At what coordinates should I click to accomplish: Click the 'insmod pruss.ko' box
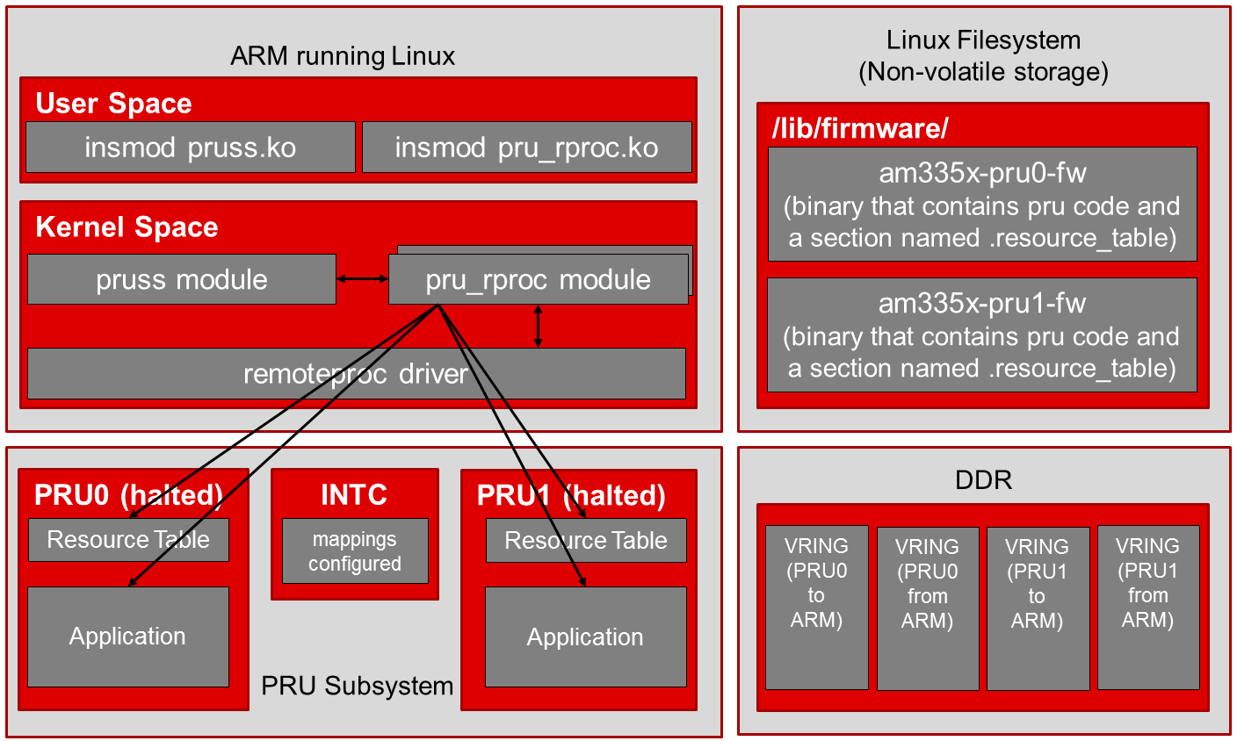(x=190, y=147)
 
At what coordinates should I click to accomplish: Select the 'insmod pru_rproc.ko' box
(x=526, y=147)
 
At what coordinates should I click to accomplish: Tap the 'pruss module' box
(x=181, y=280)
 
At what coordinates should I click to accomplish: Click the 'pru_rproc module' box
(x=538, y=280)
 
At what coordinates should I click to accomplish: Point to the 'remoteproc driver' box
(x=356, y=374)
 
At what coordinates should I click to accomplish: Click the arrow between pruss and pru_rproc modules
(x=362, y=279)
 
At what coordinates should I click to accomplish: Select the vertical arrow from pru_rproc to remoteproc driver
(x=539, y=326)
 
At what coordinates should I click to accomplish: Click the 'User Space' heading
(x=113, y=104)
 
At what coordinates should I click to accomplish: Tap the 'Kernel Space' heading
(x=127, y=227)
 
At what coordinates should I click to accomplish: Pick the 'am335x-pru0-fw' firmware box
(x=982, y=205)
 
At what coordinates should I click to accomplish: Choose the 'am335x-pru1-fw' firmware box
(x=982, y=335)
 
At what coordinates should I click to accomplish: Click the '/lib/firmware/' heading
(x=860, y=129)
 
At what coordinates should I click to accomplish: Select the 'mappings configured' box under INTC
(x=355, y=551)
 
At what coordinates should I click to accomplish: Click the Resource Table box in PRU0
(x=128, y=540)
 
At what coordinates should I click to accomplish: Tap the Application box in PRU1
(x=585, y=637)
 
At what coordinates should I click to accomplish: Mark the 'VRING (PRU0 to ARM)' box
(x=817, y=608)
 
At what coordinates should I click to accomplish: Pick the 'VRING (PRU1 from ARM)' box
(x=1147, y=608)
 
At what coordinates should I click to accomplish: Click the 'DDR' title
(x=983, y=480)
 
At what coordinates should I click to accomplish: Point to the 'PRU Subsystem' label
(x=358, y=686)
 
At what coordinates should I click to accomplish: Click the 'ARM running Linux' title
(x=343, y=57)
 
